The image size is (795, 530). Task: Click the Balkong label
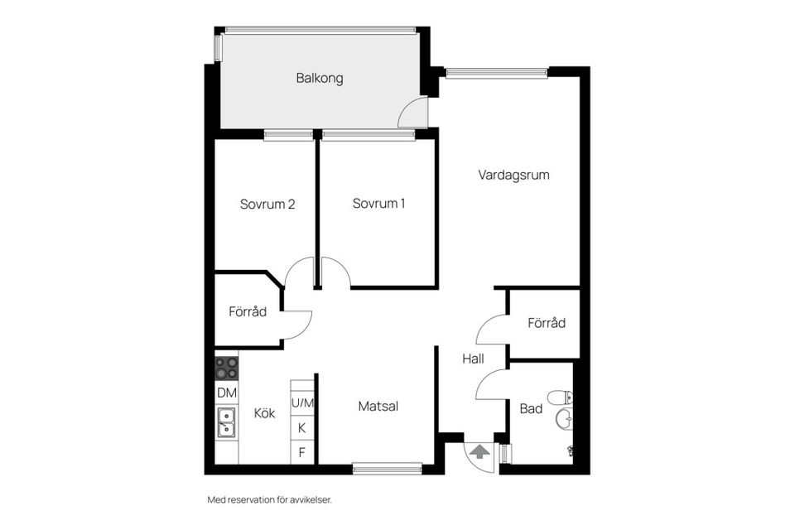point(320,78)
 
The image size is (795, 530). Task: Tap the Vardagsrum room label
point(513,175)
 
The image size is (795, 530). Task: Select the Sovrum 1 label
point(378,204)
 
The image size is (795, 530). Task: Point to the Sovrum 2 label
point(267,205)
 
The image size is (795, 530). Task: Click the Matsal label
point(378,407)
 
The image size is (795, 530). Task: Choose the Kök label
point(265,413)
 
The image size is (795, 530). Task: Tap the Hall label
point(473,359)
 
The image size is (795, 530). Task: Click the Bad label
point(531,409)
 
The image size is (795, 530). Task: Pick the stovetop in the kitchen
point(227,369)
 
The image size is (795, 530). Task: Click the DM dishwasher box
point(227,393)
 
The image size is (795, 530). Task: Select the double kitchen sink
point(226,423)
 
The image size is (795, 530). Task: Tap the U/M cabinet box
point(302,403)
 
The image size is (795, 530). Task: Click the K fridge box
point(302,428)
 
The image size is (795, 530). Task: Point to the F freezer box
point(302,452)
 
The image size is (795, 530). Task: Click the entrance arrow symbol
point(479,450)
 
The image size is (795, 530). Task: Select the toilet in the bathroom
point(561,397)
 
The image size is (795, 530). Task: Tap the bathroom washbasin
point(564,419)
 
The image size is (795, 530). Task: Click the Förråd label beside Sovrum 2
point(248,312)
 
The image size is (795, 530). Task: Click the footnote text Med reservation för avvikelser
point(270,500)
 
